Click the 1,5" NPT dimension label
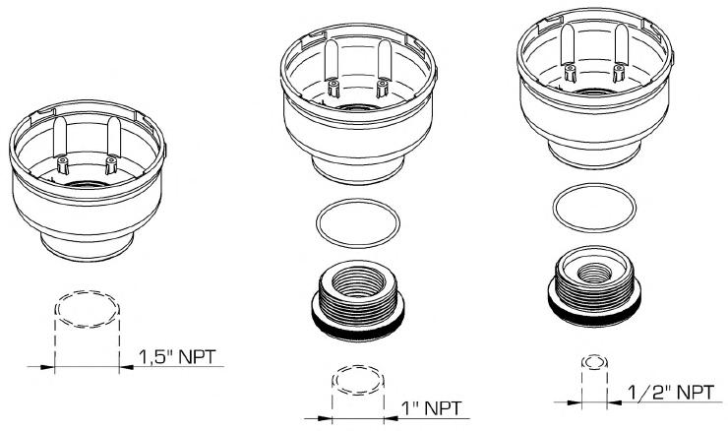click(178, 356)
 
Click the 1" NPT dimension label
click(431, 408)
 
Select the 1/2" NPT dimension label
click(671, 393)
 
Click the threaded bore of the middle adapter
click(359, 281)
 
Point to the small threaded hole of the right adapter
click(594, 273)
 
